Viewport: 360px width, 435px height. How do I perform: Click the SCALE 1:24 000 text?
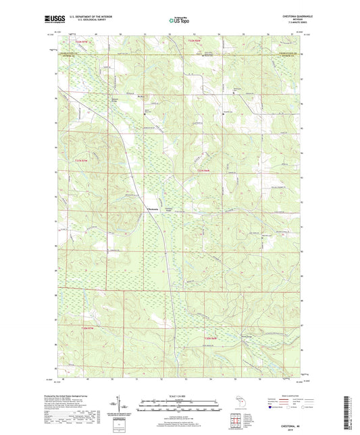pos(180,395)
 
